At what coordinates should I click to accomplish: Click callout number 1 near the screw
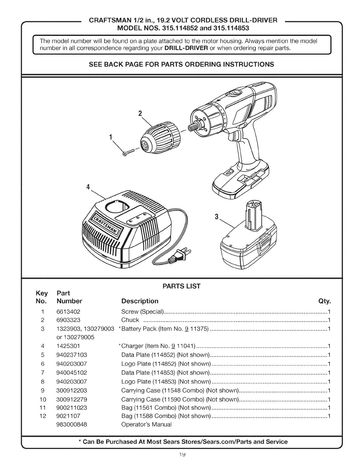110,137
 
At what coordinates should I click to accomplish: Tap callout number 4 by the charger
88,187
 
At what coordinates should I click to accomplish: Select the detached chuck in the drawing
160,139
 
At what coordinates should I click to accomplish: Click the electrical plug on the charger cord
179,255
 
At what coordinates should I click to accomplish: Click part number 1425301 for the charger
68,346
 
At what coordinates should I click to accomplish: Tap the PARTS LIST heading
181,286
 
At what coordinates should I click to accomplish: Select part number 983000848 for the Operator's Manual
72,425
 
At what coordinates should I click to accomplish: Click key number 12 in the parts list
43,416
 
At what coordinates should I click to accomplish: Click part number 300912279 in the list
72,399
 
